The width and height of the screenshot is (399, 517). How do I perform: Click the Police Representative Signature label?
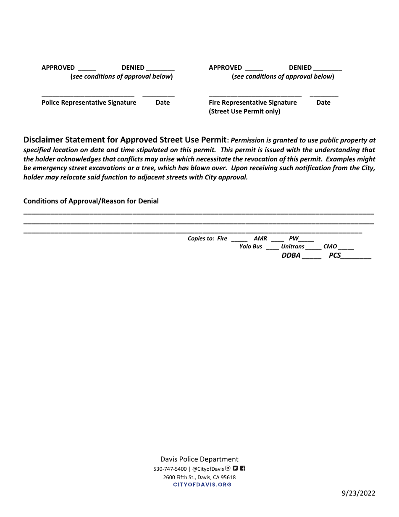89,103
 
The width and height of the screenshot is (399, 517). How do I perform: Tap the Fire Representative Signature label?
252,103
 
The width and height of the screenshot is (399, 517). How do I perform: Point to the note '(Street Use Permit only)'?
244,111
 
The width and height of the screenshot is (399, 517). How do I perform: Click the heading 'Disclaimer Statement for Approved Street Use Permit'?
125,140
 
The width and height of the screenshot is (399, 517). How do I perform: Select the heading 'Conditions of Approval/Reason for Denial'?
91,201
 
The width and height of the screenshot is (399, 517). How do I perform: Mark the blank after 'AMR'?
278,240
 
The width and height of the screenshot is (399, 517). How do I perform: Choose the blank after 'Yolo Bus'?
272,248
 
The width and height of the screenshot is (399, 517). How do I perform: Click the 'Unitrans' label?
292,247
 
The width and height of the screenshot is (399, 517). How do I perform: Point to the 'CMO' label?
330,247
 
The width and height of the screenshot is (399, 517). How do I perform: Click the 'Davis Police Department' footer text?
199,459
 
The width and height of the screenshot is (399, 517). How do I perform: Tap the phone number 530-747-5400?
170,469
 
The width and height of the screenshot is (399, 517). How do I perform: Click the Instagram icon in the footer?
228,468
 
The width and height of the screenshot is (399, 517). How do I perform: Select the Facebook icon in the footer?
242,468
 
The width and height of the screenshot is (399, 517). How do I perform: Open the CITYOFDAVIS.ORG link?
202,485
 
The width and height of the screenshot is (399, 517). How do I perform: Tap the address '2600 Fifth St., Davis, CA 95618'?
199,477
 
